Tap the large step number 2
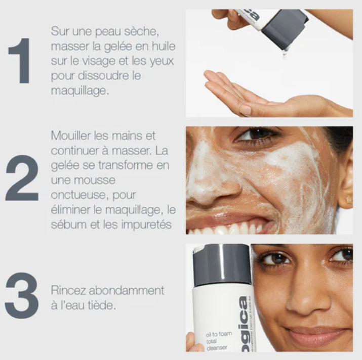click(22, 178)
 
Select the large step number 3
click(22, 296)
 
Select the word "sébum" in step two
click(67, 224)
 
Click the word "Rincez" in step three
click(68, 291)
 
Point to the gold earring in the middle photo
click(348, 200)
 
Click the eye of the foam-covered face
click(258, 136)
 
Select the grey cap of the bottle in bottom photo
click(222, 257)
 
